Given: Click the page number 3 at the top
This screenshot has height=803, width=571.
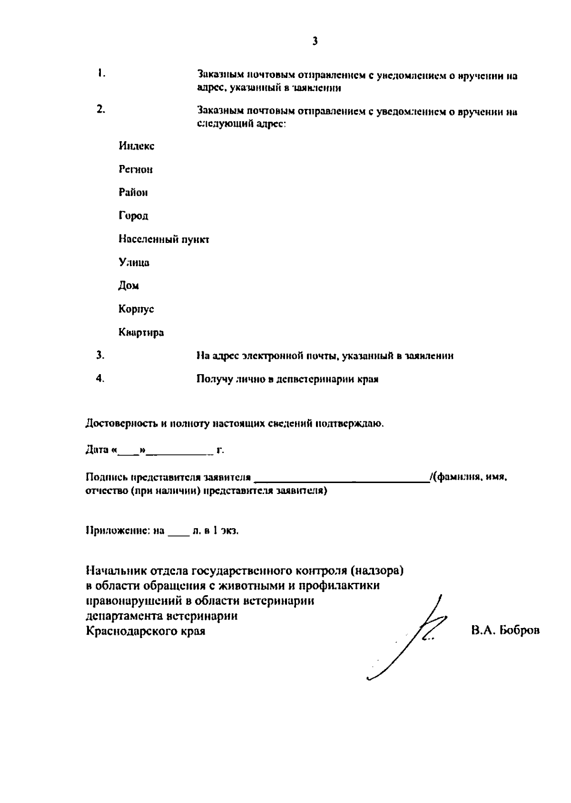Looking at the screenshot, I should (315, 41).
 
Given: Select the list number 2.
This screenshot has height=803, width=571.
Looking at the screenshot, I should (101, 109).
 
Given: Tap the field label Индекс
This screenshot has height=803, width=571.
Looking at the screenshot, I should (137, 146).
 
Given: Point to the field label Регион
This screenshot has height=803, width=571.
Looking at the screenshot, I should (136, 170).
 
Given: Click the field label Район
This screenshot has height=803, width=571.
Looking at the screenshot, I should (133, 193).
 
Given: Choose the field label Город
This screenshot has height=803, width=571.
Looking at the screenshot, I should (133, 216).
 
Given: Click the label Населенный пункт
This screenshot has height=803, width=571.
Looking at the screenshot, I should (164, 239).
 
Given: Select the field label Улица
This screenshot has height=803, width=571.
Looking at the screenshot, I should (134, 262).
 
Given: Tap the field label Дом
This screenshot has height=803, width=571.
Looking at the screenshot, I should (128, 286).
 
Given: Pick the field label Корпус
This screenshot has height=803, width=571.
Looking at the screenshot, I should (136, 309).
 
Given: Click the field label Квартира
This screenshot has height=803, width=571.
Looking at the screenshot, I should (141, 332).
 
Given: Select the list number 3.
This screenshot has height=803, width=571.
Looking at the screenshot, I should (100, 355).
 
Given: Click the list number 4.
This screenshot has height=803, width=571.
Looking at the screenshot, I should (100, 378).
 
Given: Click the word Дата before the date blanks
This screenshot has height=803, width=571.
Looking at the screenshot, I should (98, 450).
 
